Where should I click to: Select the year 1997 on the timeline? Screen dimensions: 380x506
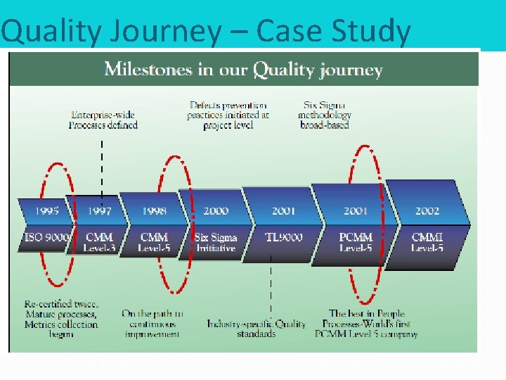coord(99,210)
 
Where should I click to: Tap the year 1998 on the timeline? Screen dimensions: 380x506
coord(154,210)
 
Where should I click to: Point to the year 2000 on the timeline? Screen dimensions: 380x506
coord(216,210)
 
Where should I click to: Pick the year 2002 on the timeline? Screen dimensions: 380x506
coord(427,210)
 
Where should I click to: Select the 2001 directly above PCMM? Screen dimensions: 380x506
coord(356,210)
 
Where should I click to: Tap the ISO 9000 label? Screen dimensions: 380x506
coord(46,238)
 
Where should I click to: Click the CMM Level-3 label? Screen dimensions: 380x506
coord(99,242)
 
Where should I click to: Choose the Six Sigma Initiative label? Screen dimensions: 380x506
coord(216,242)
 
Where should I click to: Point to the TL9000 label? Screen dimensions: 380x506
coord(284,238)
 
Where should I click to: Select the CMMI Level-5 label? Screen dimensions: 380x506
coord(427,242)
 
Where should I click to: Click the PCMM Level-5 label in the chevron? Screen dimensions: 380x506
coord(356,242)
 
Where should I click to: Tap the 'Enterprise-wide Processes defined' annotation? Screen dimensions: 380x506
coord(103,120)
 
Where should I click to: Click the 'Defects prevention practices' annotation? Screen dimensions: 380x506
coord(228,115)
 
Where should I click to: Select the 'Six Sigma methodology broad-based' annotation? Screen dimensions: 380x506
coord(324,115)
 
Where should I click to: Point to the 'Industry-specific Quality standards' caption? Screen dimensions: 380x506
coord(257,329)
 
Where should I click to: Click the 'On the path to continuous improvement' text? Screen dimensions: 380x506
coord(153,324)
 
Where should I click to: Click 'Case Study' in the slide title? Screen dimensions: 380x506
coord(333,32)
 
